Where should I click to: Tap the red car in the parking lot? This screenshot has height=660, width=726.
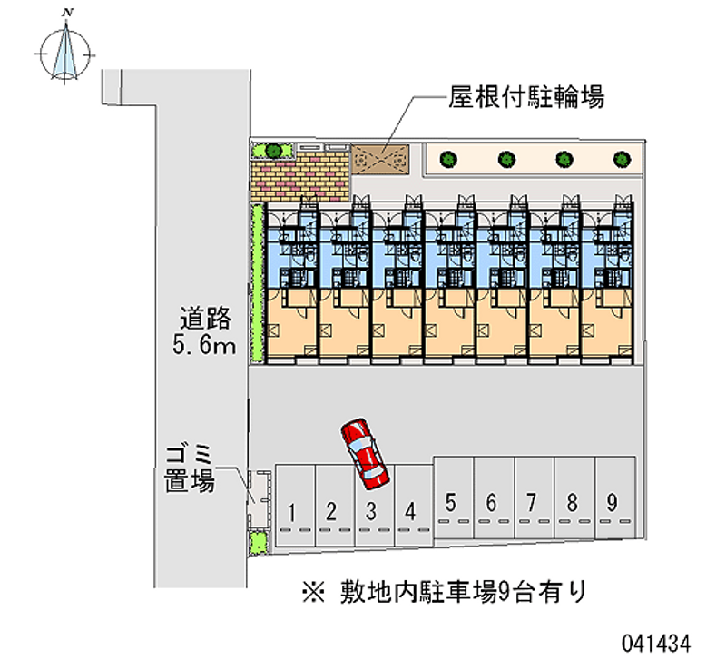(x=365, y=454)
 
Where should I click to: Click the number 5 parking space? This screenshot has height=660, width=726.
(x=454, y=497)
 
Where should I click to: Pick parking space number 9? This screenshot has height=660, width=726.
(x=615, y=497)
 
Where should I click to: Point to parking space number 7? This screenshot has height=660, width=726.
(x=535, y=497)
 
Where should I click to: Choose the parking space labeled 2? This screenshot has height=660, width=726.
(x=335, y=506)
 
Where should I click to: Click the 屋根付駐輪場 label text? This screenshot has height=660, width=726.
(x=526, y=98)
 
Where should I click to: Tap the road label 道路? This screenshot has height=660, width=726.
(x=206, y=318)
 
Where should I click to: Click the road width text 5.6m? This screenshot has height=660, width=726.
(x=204, y=346)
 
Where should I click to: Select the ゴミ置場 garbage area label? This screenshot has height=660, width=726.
(x=190, y=468)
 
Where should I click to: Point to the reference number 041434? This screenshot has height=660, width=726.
(x=656, y=644)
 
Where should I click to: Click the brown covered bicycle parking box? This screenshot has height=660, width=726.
(x=380, y=160)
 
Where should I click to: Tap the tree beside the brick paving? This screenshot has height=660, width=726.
(x=274, y=151)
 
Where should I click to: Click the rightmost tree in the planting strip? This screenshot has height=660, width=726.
(x=622, y=160)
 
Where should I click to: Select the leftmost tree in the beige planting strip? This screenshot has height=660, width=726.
(x=448, y=160)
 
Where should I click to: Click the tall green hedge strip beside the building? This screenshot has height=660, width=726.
(x=258, y=282)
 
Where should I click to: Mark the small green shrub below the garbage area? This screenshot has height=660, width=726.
(x=259, y=542)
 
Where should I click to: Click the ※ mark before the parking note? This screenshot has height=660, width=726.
(x=314, y=593)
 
